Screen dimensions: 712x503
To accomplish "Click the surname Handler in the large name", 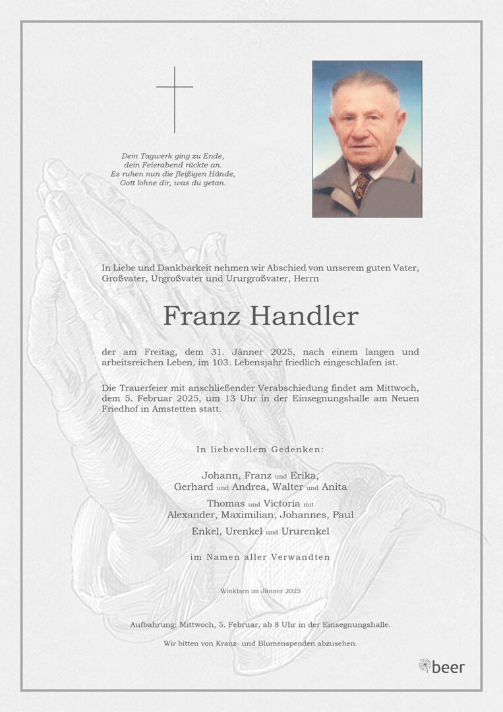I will click(309, 316).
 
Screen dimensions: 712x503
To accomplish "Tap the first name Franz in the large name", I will click(201, 316).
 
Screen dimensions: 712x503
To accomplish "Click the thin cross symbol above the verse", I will click(175, 99).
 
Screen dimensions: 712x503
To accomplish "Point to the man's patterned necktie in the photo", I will click(362, 186).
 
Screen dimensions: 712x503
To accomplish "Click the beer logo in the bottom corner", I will click(442, 667).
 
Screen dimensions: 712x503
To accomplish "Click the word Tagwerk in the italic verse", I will click(155, 156).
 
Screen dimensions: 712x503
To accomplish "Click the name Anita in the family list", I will click(334, 487).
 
